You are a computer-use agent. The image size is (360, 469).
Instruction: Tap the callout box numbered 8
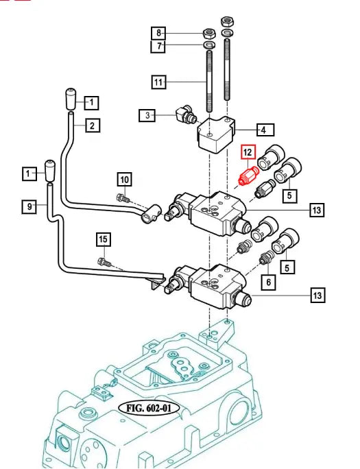click(158, 32)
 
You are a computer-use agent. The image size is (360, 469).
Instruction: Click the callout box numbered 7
click(158, 46)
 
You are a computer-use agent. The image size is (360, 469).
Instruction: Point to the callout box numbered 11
click(158, 82)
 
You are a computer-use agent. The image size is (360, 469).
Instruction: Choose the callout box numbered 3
click(147, 115)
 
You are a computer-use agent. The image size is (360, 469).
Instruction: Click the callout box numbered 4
click(265, 130)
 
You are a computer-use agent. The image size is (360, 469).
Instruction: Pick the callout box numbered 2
click(93, 126)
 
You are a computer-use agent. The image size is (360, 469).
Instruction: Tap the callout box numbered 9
click(29, 206)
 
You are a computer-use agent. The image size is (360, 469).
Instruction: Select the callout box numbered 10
click(124, 180)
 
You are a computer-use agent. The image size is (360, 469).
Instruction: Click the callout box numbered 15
click(103, 239)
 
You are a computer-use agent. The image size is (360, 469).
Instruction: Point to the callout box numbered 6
click(269, 282)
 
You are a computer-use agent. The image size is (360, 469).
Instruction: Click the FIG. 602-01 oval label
click(149, 408)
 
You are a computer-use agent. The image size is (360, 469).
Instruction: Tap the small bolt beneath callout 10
click(122, 197)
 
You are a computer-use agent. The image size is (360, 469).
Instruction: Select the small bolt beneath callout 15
click(104, 262)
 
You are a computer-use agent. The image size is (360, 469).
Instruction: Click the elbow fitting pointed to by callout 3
click(186, 115)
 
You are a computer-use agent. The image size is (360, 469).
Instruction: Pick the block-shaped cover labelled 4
click(216, 134)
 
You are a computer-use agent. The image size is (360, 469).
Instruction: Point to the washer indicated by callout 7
click(210, 45)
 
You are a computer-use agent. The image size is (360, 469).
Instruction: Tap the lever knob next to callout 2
click(71, 99)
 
